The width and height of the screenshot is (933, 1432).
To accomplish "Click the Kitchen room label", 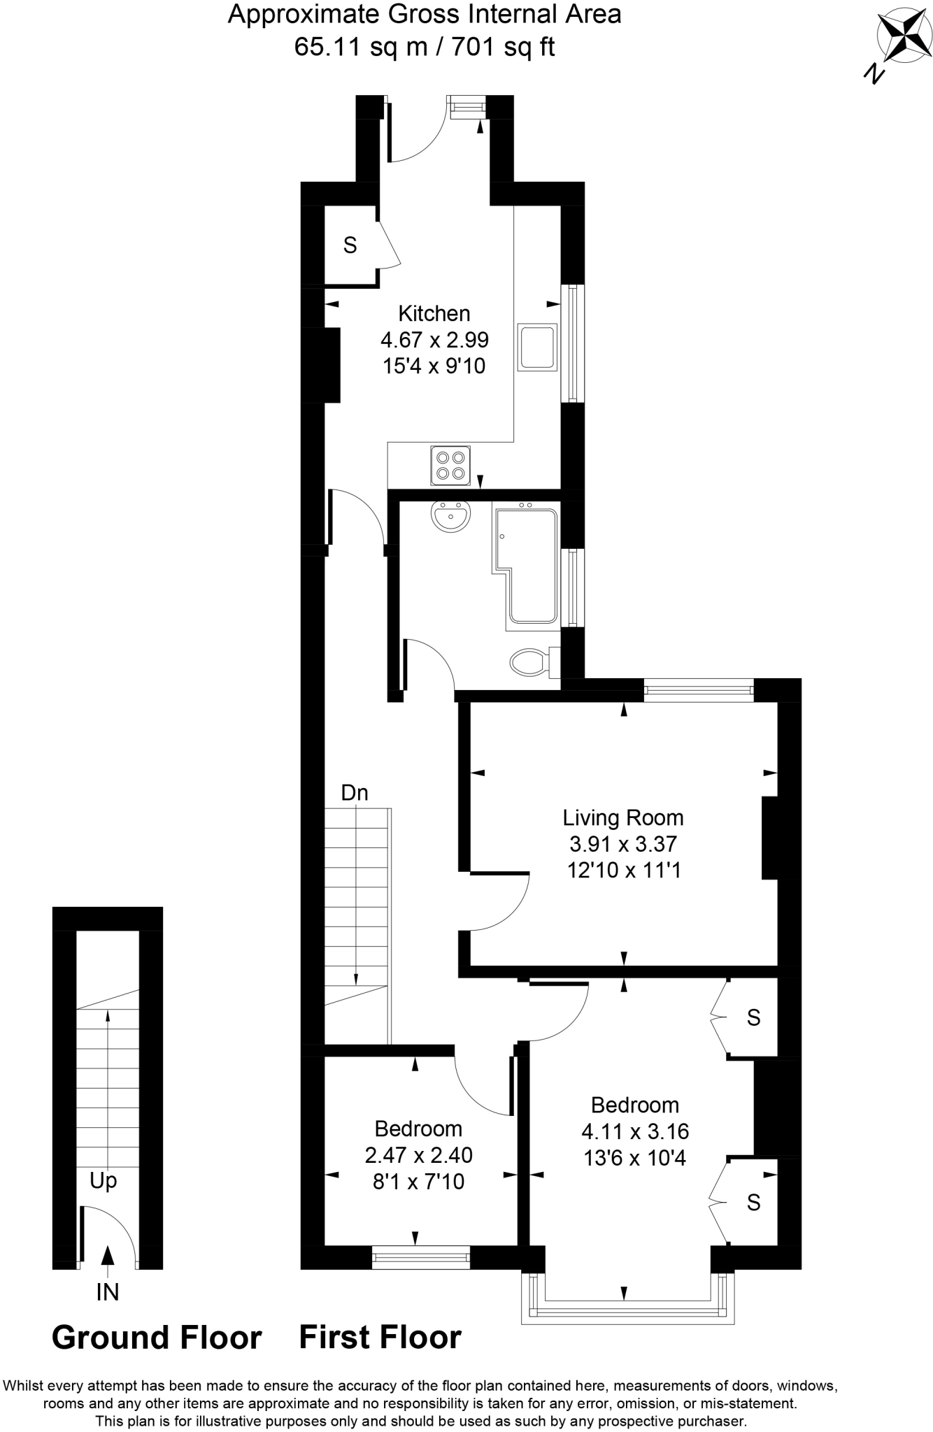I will pyautogui.click(x=434, y=313).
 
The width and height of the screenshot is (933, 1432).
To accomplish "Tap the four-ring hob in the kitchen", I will pyautogui.click(x=450, y=466).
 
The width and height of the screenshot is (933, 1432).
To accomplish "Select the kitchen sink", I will pyautogui.click(x=537, y=347).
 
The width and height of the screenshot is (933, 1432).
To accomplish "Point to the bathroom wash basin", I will pyautogui.click(x=451, y=517).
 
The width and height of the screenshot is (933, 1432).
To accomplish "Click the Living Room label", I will pyautogui.click(x=623, y=817).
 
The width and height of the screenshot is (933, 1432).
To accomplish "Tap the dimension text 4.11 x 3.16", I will pyautogui.click(x=635, y=1131).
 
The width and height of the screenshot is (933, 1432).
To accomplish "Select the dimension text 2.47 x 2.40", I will pyautogui.click(x=418, y=1155).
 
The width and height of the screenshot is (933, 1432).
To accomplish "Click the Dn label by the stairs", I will pyautogui.click(x=354, y=793).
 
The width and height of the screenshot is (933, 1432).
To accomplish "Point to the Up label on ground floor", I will pyautogui.click(x=103, y=1181).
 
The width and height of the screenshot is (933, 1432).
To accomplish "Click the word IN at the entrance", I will pyautogui.click(x=107, y=1292).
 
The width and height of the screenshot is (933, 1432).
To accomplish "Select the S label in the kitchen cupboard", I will pyautogui.click(x=350, y=245).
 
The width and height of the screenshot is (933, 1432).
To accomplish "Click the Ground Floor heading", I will pyautogui.click(x=157, y=1338).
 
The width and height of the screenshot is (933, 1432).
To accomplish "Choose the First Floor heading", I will pyautogui.click(x=380, y=1338).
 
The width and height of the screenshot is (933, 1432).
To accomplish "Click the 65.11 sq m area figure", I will pyautogui.click(x=347, y=47).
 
